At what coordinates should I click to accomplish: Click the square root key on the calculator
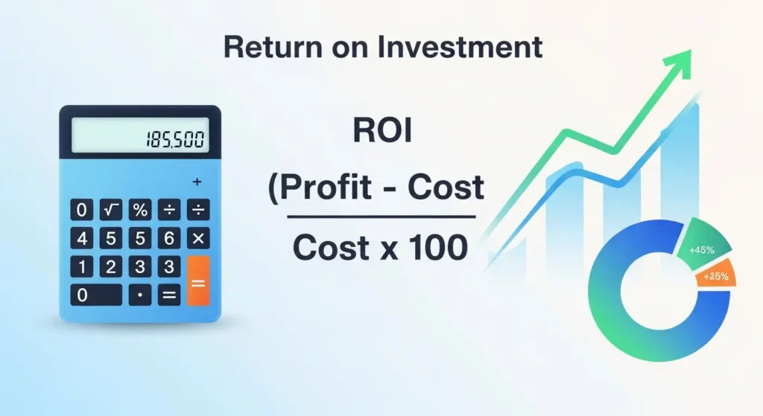tap(111, 210)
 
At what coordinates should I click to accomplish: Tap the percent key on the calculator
tap(140, 210)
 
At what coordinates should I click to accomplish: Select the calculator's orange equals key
tap(198, 281)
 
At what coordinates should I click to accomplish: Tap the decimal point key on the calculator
tap(140, 295)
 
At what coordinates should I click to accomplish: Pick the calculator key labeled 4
tap(82, 238)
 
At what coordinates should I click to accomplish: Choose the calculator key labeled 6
tap(169, 238)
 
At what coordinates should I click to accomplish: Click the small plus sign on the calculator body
tap(197, 182)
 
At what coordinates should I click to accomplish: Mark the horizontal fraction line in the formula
tap(381, 217)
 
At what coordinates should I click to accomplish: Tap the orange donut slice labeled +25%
tap(717, 277)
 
